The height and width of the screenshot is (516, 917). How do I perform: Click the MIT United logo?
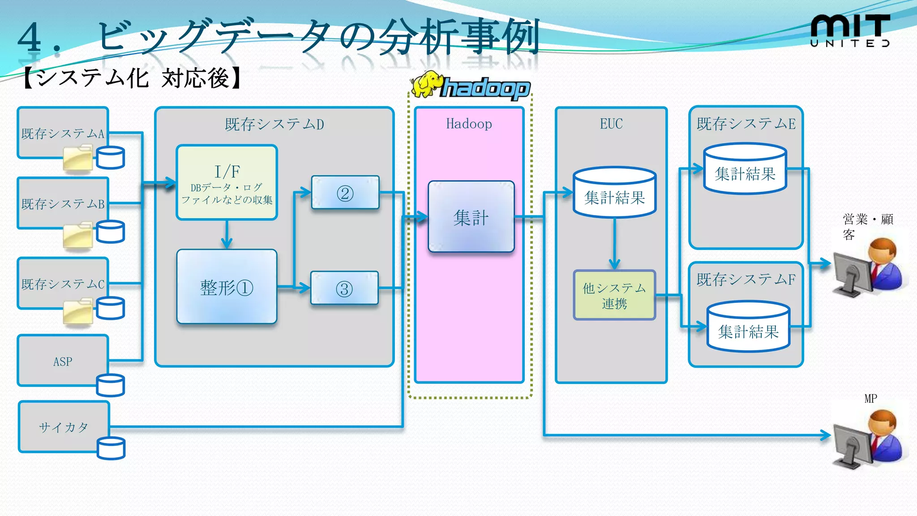pyautogui.click(x=850, y=30)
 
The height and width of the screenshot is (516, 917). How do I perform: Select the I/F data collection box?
pyautogui.click(x=227, y=182)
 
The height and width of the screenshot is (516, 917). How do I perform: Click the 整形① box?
pyautogui.click(x=227, y=287)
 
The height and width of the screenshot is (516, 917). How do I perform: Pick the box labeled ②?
pyautogui.click(x=345, y=193)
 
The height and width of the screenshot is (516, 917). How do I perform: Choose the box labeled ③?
pyautogui.click(x=344, y=288)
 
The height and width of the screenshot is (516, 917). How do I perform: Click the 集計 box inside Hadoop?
pyautogui.click(x=471, y=217)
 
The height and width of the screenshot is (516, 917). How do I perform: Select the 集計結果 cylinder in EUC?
pyautogui.click(x=614, y=193)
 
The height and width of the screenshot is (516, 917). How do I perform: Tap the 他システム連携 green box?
pyautogui.click(x=614, y=295)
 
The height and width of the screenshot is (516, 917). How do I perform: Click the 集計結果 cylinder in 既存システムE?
pyautogui.click(x=745, y=169)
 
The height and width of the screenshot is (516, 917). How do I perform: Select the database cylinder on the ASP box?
pyautogui.click(x=110, y=385)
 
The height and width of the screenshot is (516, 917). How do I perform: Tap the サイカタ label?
pyautogui.click(x=63, y=427)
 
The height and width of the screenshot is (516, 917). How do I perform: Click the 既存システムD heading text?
pyautogui.click(x=274, y=124)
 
